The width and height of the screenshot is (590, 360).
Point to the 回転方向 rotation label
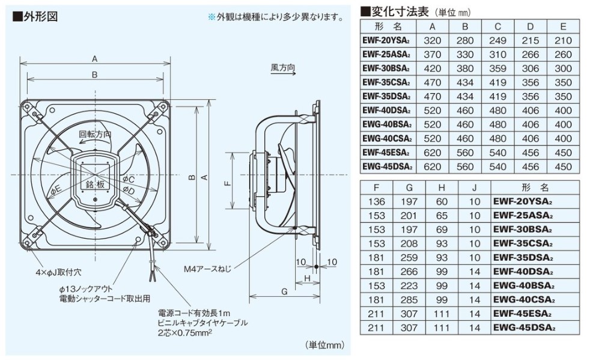pos(95,135)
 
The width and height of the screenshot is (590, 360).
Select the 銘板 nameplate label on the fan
pos(96,185)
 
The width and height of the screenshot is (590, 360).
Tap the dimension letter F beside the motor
pos(228,184)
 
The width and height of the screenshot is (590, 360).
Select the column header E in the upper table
pos(563,27)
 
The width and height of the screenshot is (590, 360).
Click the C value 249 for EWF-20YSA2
pos(497,41)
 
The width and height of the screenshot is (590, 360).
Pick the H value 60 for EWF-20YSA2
pos(442,202)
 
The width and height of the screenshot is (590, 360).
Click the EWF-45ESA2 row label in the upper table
pos(386,152)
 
